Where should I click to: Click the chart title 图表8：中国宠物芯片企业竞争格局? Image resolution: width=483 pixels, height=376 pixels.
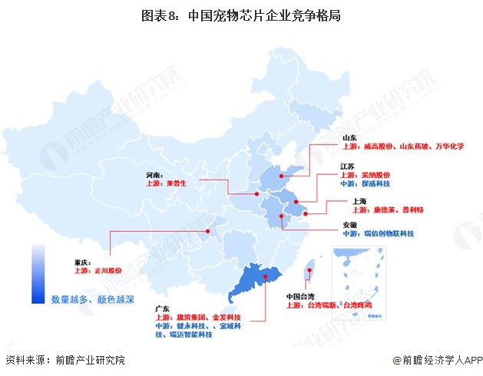pyautogui.click(x=241, y=15)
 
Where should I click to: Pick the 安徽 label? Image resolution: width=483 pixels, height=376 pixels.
pyautogui.click(x=351, y=225)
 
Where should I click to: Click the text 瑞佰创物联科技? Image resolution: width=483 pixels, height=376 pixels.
pyautogui.click(x=388, y=234)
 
